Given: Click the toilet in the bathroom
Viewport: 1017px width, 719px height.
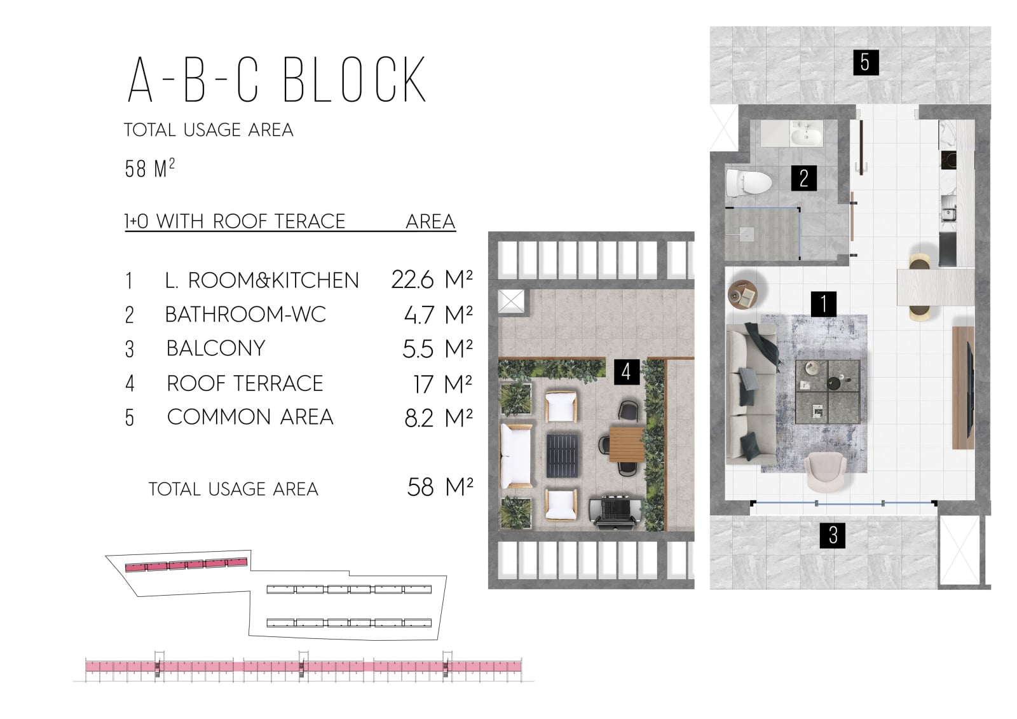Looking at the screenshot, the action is coord(749,182).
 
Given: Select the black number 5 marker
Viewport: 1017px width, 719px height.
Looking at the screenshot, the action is coord(866,62).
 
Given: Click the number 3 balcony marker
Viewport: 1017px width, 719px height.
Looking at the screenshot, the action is coord(833,535).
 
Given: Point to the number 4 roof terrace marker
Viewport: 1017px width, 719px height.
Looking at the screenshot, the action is coord(627,371).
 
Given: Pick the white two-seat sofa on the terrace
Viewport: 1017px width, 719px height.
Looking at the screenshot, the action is coord(516,456).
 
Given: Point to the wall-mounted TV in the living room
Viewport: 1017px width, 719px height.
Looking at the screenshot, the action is coord(970,388).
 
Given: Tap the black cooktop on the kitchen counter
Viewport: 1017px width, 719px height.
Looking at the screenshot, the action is coord(949,160).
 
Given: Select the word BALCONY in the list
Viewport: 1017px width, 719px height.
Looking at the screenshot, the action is coord(216,348).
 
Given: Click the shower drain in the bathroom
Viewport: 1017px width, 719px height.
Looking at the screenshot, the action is coord(747,233).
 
